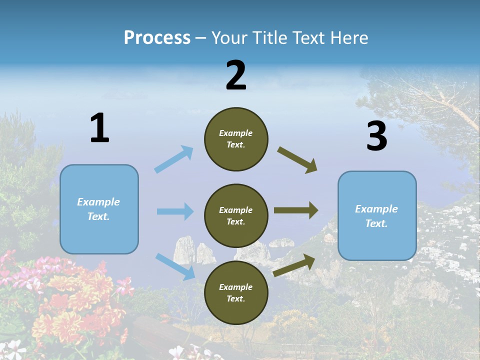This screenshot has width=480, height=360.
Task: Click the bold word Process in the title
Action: (x=157, y=37)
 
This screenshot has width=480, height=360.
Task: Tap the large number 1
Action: (x=99, y=128)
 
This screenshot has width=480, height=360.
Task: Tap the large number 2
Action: (x=236, y=75)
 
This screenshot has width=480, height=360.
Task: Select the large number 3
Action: (x=377, y=136)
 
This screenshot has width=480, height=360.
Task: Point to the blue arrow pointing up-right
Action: (x=174, y=159)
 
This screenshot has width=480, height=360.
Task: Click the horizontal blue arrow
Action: (x=175, y=211)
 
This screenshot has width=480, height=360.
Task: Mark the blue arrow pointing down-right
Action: (x=175, y=266)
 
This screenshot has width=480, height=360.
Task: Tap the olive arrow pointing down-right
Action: (x=297, y=160)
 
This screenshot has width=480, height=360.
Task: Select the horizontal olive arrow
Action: (x=296, y=210)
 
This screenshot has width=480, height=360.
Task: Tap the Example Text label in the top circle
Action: (x=236, y=139)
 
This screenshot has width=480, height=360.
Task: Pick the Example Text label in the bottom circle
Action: (x=236, y=293)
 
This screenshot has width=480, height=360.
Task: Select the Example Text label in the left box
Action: (x=98, y=209)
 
